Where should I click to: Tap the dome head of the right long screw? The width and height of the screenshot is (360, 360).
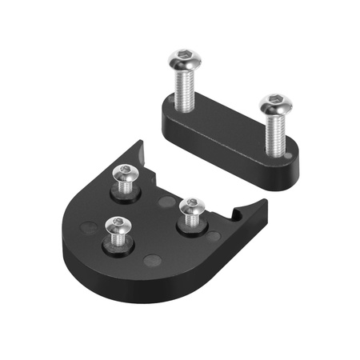274,102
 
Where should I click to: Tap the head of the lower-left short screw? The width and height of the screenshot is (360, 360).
118,227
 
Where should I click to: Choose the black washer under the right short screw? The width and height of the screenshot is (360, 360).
190,226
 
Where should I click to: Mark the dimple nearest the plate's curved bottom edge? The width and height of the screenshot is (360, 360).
152,260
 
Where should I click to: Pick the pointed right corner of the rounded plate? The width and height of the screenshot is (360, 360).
264,203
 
